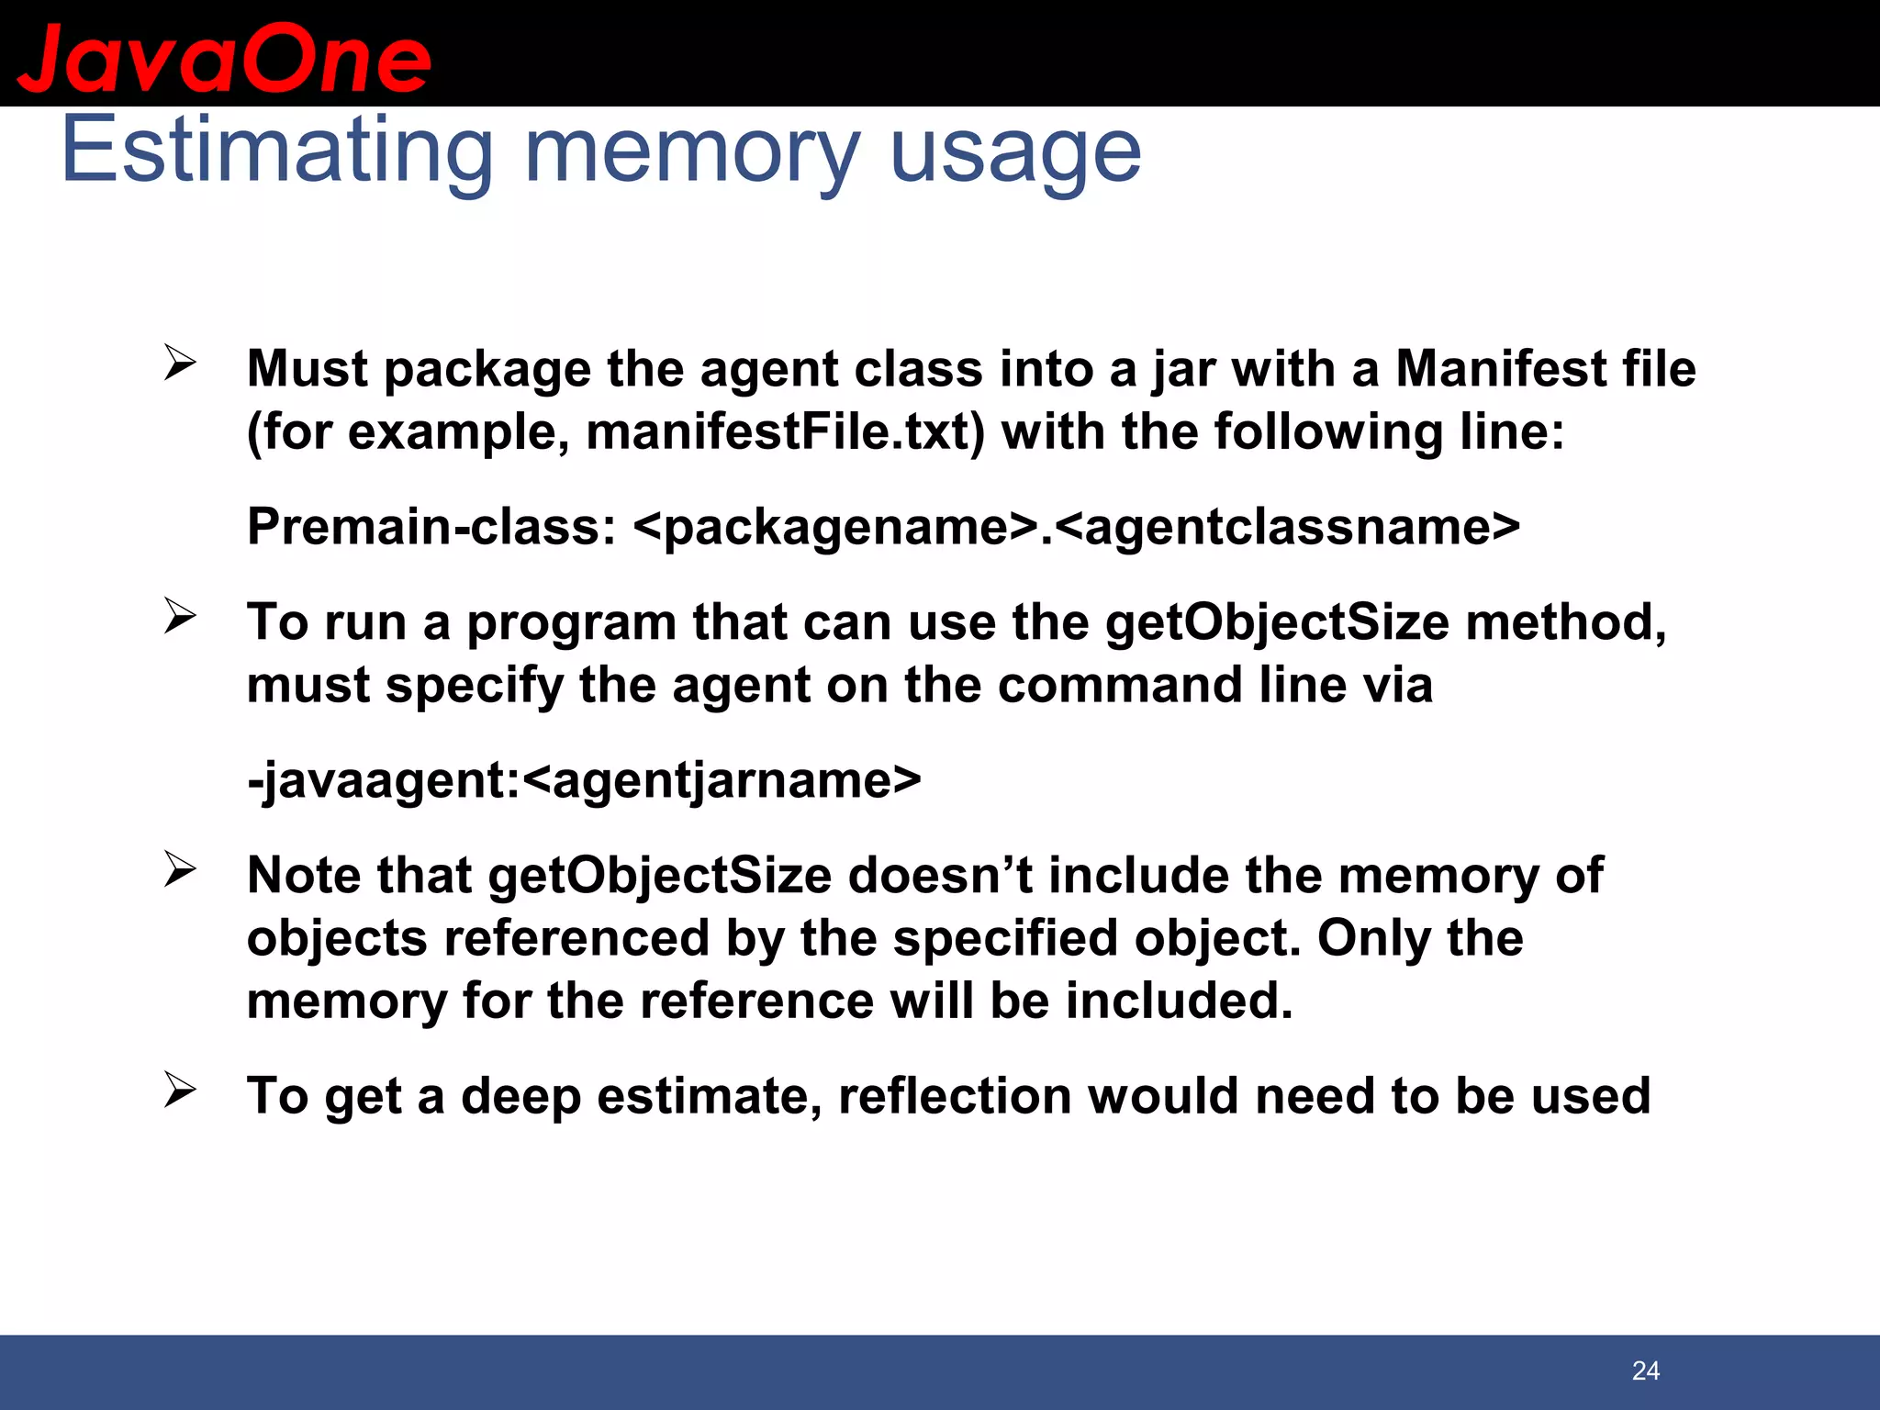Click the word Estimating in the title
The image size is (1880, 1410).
(x=276, y=151)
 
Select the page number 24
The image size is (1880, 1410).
(x=1645, y=1371)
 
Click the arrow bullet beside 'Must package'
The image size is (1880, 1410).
(x=180, y=364)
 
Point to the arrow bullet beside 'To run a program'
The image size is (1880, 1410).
(x=180, y=617)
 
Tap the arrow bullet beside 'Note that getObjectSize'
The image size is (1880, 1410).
(x=180, y=869)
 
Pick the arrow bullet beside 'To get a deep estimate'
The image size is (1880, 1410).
(x=180, y=1091)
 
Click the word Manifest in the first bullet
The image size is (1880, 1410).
(x=1500, y=369)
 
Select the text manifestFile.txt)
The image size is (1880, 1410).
(x=785, y=431)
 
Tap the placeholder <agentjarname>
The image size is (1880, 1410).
(x=722, y=780)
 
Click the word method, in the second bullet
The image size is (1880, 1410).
(x=1565, y=622)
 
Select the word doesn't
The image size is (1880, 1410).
(x=940, y=875)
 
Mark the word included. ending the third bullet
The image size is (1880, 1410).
(x=1179, y=1001)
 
